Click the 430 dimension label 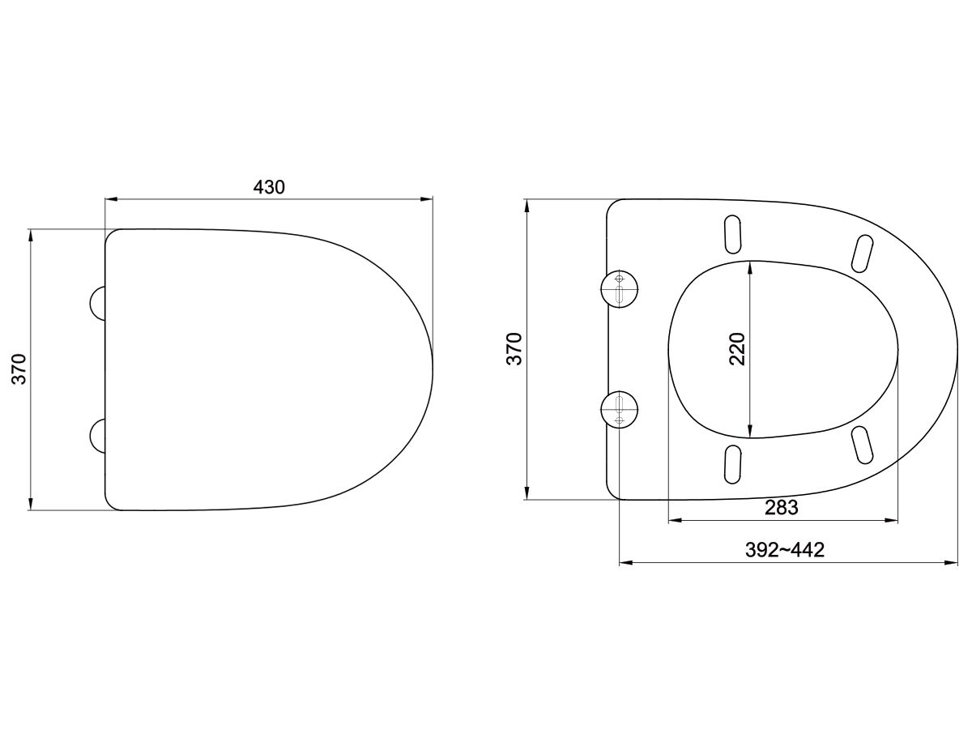[x=269, y=187]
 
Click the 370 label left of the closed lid [x=20, y=369]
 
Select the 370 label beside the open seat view [x=515, y=348]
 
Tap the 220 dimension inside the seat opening [x=737, y=349]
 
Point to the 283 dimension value [x=782, y=508]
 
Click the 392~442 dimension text [x=784, y=551]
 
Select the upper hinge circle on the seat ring [x=620, y=288]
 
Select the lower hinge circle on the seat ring [x=620, y=409]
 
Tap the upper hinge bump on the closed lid [x=96, y=303]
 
